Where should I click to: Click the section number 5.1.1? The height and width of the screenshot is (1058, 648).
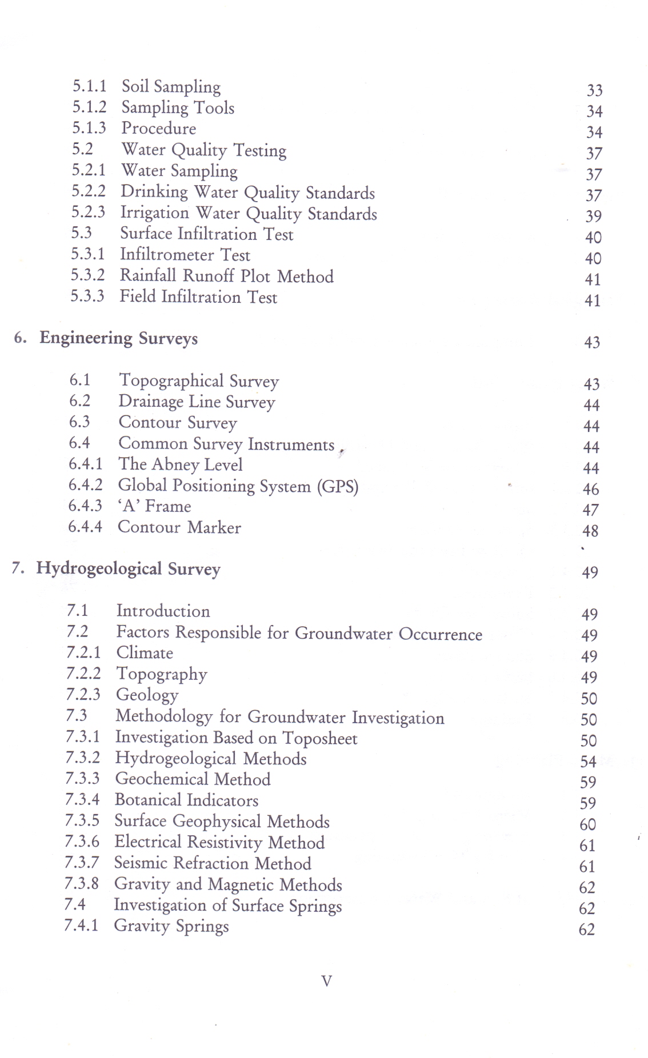(x=89, y=86)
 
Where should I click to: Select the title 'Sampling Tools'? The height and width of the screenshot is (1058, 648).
(x=178, y=107)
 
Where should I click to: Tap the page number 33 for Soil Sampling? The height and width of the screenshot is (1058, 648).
(x=594, y=90)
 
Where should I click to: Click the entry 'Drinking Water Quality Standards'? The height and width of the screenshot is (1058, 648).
(x=247, y=193)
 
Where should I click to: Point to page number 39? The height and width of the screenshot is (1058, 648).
(x=593, y=217)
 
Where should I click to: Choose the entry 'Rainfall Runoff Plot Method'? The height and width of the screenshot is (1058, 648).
(x=226, y=276)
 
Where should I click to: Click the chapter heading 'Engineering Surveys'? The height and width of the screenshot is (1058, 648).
(x=118, y=338)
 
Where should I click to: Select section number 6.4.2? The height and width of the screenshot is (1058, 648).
(x=85, y=485)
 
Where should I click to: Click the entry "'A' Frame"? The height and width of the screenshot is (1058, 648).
(x=154, y=506)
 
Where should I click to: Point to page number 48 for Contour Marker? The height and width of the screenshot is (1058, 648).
(x=590, y=531)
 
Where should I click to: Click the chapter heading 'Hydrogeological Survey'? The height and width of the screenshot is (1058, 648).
(x=128, y=569)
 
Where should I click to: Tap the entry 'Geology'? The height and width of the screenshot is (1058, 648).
(x=147, y=695)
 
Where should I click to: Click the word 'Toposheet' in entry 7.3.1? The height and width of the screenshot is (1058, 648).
(x=320, y=738)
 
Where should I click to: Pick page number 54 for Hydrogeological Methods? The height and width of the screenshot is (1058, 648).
(x=588, y=762)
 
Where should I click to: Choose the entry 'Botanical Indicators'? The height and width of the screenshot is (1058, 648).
(x=186, y=800)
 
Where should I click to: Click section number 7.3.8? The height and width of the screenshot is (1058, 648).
(x=81, y=884)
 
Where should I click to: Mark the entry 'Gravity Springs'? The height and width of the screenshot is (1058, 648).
(x=171, y=925)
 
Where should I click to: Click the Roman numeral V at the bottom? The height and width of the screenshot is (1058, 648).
(x=326, y=981)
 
